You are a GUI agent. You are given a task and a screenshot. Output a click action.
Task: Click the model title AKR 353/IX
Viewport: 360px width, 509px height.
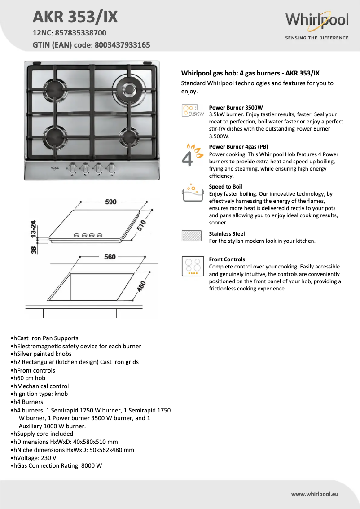75,17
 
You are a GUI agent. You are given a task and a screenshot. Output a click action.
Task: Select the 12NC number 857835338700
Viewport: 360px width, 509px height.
81,33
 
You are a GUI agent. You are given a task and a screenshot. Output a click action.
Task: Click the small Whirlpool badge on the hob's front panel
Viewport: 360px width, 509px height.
55,167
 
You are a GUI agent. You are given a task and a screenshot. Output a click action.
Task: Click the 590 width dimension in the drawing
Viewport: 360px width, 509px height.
111,202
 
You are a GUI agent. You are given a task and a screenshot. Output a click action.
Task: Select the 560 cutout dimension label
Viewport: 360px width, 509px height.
110,257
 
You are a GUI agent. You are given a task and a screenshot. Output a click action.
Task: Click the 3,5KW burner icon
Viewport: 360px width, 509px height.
192,110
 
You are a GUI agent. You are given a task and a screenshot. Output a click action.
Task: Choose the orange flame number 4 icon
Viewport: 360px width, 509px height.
192,155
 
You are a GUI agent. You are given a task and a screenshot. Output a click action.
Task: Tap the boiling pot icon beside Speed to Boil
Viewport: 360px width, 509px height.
192,193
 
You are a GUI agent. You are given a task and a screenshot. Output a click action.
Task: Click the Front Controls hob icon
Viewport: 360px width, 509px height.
192,266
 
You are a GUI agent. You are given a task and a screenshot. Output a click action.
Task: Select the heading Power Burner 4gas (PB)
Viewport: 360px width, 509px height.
238,147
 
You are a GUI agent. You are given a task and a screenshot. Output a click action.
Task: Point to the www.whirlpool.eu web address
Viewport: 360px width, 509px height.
314,494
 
